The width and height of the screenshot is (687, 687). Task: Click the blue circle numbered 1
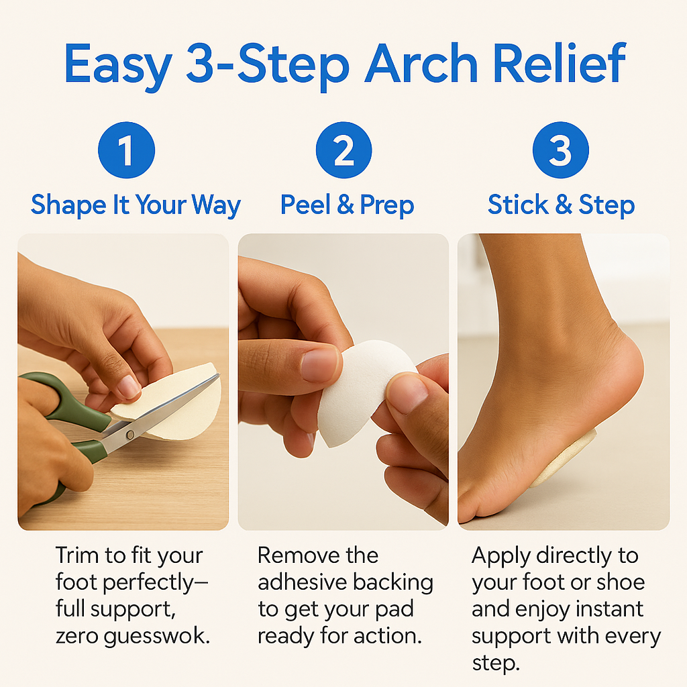pos(126,150)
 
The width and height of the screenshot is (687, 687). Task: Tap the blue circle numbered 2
pos(343,150)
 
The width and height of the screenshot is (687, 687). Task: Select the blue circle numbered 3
pos(561,150)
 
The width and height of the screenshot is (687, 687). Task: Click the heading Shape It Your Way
pos(136,205)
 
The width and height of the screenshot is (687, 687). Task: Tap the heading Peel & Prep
pos(347,205)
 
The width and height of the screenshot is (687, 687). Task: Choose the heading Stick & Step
pos(561,205)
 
